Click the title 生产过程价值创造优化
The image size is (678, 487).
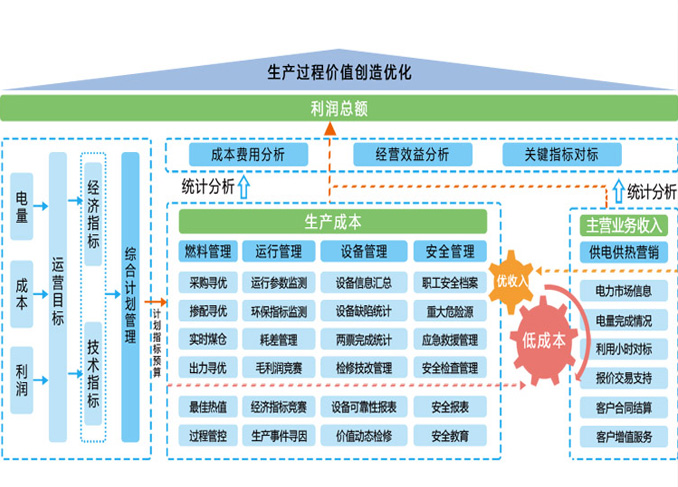pyautogui.click(x=339, y=72)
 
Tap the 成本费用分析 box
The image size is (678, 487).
pyautogui.click(x=248, y=154)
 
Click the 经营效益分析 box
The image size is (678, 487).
pyautogui.click(x=411, y=154)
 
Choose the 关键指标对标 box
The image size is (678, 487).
pyautogui.click(x=561, y=154)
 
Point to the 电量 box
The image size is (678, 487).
pyautogui.click(x=22, y=211)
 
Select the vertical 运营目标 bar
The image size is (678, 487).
pyautogui.click(x=57, y=297)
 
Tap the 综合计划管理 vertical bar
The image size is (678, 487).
pyautogui.click(x=130, y=297)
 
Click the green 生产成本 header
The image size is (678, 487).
pyautogui.click(x=333, y=222)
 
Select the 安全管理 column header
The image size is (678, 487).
pyautogui.click(x=450, y=251)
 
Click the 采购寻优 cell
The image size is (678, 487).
pyautogui.click(x=208, y=282)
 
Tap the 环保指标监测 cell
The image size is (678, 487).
pyautogui.click(x=279, y=311)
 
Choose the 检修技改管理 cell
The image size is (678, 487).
pyautogui.click(x=364, y=368)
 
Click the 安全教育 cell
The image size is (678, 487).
pyautogui.click(x=450, y=436)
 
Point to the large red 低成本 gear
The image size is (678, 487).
pyautogui.click(x=544, y=339)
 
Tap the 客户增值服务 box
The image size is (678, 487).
pyautogui.click(x=625, y=436)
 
